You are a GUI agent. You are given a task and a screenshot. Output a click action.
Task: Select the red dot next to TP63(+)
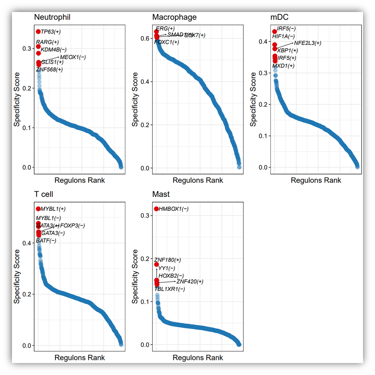38,32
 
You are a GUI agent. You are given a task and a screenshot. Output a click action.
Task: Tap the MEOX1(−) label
73,57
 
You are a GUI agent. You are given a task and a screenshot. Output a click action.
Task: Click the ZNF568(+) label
49,69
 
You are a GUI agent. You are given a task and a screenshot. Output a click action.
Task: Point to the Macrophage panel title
174,17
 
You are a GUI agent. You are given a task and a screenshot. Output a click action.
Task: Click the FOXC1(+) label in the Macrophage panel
167,42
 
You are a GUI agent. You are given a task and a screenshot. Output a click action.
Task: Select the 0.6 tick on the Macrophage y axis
145,38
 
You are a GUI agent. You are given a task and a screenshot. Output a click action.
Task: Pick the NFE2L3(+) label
308,43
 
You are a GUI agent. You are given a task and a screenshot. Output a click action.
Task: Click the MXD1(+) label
283,66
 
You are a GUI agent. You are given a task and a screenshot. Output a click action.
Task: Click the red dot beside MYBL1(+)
38,209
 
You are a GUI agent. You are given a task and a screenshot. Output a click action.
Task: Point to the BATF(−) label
46,240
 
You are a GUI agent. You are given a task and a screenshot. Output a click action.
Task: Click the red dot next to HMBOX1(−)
156,209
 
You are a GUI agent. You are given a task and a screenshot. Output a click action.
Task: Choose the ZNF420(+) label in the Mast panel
190,281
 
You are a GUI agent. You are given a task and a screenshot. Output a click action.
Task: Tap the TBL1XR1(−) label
170,289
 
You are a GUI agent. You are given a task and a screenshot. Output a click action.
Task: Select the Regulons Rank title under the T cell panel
79,357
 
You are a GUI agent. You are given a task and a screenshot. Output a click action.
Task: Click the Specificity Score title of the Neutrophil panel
17,100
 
